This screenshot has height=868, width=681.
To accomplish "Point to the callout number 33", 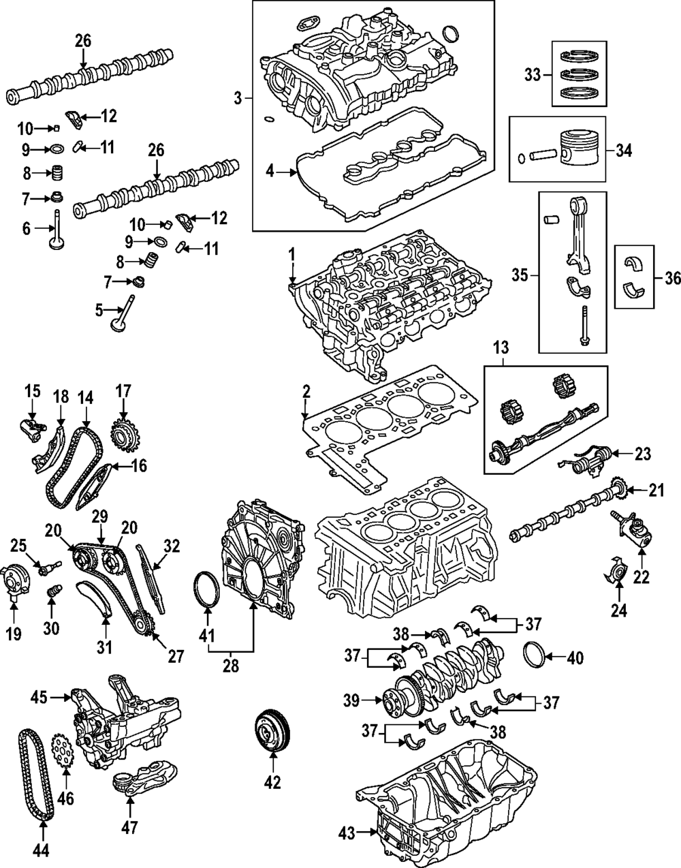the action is pyautogui.click(x=532, y=75).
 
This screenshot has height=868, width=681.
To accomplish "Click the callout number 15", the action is pyautogui.click(x=33, y=391).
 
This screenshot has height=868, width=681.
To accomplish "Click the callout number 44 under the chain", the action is pyautogui.click(x=42, y=850).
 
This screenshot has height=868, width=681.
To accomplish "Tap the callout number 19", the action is pyautogui.click(x=14, y=634).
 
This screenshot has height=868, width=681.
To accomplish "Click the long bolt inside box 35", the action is pyautogui.click(x=584, y=332).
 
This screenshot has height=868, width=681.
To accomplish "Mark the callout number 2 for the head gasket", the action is pyautogui.click(x=306, y=392).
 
